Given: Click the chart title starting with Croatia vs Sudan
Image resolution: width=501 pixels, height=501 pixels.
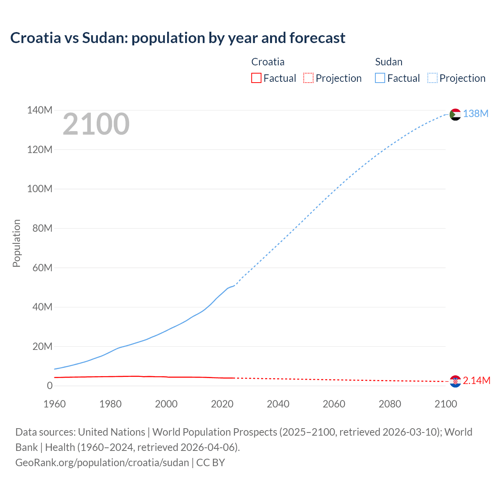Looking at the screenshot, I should tap(178, 38).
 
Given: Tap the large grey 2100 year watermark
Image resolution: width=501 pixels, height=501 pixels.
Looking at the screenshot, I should tap(96, 124).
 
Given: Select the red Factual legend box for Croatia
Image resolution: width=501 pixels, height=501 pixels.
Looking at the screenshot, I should tap(256, 78).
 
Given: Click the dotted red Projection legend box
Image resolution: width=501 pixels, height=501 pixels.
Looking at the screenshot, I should tap(308, 78).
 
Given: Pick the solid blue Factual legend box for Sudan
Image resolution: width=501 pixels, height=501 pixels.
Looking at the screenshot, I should tap(380, 78).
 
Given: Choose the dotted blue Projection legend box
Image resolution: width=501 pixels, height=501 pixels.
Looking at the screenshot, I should tap(432, 78).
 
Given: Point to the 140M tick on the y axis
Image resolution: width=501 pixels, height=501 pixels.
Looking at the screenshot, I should tap(40, 110).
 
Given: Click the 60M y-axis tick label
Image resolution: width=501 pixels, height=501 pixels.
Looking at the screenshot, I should tap(42, 268).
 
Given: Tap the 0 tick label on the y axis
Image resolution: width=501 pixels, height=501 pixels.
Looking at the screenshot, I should tap(50, 386).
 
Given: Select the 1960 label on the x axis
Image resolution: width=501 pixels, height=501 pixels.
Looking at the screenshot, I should tap(55, 404).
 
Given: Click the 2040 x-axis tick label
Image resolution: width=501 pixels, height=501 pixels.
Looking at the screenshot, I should tap(278, 404).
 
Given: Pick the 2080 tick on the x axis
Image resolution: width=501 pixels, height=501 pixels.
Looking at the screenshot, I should tap(390, 404).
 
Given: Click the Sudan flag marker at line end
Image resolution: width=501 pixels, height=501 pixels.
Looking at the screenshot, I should tap(455, 114).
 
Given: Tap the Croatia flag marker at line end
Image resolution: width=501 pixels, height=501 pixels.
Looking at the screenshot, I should tap(455, 381).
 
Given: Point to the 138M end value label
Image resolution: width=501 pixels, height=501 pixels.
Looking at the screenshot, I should tap(476, 114).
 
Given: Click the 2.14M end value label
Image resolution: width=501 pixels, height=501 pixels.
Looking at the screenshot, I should tap(476, 380).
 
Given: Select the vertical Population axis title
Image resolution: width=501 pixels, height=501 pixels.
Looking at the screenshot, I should tap(16, 243).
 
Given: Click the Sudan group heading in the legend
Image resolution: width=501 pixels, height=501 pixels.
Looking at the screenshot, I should tap(389, 62).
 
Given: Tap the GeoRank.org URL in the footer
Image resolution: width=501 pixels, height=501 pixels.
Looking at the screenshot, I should tap(102, 463).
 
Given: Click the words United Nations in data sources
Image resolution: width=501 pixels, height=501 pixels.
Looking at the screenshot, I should tap(112, 432).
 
